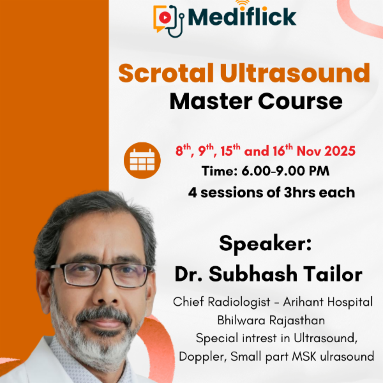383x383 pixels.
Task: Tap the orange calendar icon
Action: click(142, 160)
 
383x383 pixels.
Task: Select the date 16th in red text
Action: click(280, 151)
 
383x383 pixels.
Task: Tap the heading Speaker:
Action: click(263, 244)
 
